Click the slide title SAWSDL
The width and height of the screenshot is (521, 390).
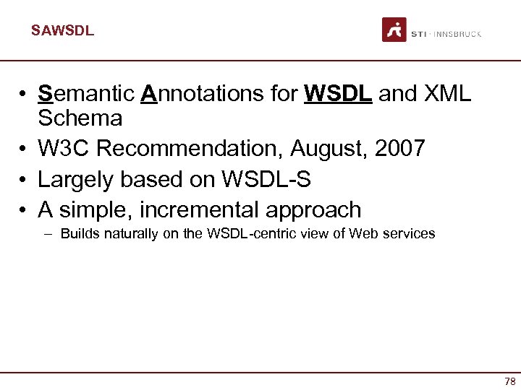pyautogui.click(x=62, y=31)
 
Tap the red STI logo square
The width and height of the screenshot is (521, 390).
pyautogui.click(x=394, y=30)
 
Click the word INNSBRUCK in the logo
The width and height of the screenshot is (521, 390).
pyautogui.click(x=457, y=34)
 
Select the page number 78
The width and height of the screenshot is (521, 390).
pyautogui.click(x=510, y=381)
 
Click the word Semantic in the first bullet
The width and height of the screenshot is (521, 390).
pyautogui.click(x=86, y=93)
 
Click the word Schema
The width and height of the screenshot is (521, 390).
pyautogui.click(x=80, y=118)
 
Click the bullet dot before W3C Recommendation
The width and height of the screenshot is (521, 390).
pyautogui.click(x=24, y=149)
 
